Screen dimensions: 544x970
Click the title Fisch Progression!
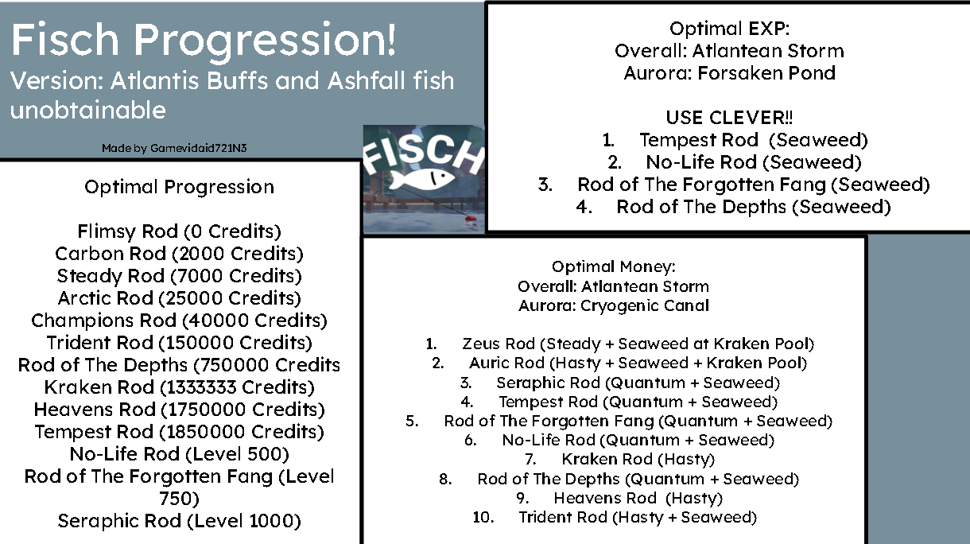(x=204, y=41)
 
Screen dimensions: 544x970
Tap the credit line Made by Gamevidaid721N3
(x=180, y=148)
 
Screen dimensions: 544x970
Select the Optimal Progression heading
(x=179, y=187)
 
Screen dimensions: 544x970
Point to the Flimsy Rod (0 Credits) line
(x=179, y=231)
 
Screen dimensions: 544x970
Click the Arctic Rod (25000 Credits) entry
(x=179, y=298)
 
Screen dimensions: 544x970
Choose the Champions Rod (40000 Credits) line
(x=179, y=321)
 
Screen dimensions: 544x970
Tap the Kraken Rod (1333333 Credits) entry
(x=179, y=387)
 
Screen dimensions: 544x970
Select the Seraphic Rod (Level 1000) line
(x=179, y=521)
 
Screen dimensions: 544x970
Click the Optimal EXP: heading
(x=729, y=29)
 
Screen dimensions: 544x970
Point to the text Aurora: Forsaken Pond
(x=729, y=73)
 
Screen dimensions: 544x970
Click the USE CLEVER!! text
(x=729, y=118)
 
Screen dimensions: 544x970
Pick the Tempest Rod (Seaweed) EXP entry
(x=752, y=140)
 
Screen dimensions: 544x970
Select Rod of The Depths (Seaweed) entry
(x=752, y=207)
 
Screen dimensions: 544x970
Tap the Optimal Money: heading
(x=613, y=267)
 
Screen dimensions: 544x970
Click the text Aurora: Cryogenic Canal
(x=613, y=305)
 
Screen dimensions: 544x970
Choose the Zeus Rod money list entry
(x=638, y=344)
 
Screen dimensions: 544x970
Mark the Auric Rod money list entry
(x=638, y=363)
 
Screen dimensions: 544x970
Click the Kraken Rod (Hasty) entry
(x=638, y=459)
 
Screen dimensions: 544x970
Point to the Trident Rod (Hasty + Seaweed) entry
(x=638, y=517)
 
